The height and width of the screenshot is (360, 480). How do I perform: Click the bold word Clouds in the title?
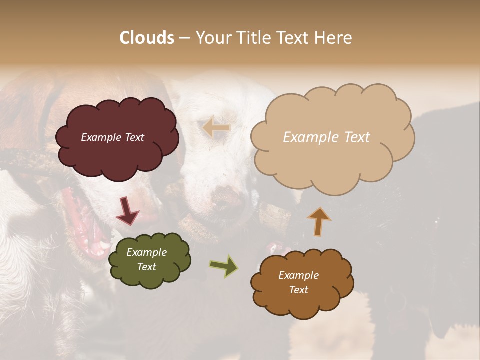point(147,38)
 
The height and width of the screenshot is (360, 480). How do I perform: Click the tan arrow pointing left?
point(216,128)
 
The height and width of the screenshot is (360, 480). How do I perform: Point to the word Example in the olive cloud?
point(146,252)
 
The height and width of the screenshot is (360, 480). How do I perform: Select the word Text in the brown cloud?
point(298,290)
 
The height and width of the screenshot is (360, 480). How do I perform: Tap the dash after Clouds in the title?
point(184,38)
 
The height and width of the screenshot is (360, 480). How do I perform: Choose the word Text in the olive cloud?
point(146,267)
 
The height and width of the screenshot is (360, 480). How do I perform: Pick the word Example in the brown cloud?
point(298,275)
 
